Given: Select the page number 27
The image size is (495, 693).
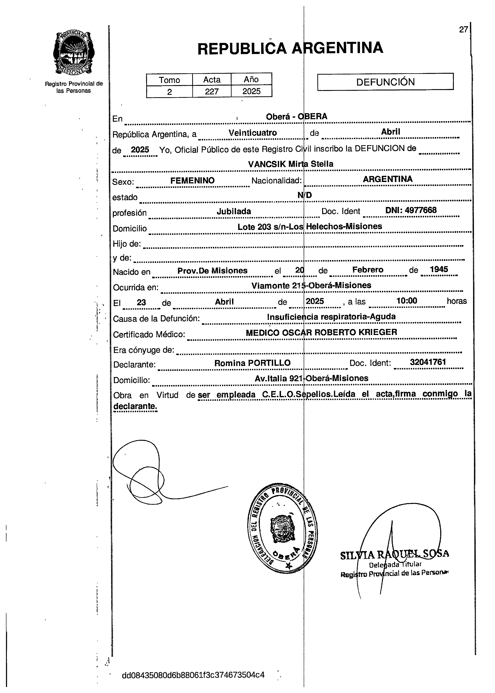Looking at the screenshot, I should point(463,29).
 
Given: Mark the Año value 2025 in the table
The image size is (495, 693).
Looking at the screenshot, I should point(251,91).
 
